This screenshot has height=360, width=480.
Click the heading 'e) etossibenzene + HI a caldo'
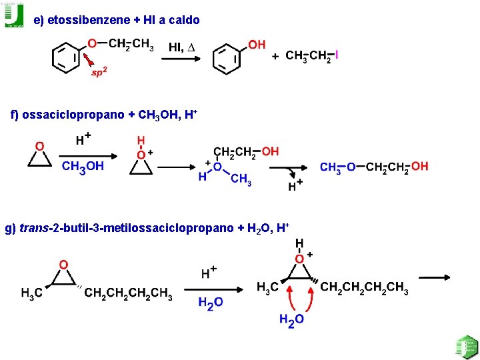117,21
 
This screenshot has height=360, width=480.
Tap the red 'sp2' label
98,72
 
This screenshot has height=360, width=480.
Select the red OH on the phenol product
257,45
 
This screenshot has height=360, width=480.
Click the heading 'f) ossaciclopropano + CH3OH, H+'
104,115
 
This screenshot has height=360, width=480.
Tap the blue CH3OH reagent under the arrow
83,167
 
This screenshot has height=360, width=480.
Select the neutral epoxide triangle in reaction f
40,158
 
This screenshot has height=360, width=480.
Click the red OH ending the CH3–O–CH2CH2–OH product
419,166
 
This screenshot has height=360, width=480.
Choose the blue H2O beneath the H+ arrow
211,303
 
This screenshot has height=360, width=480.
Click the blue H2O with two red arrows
292,320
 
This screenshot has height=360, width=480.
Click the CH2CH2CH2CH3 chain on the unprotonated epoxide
128,294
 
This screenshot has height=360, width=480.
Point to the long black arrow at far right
434,277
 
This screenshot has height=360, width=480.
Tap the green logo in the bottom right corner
467,347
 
